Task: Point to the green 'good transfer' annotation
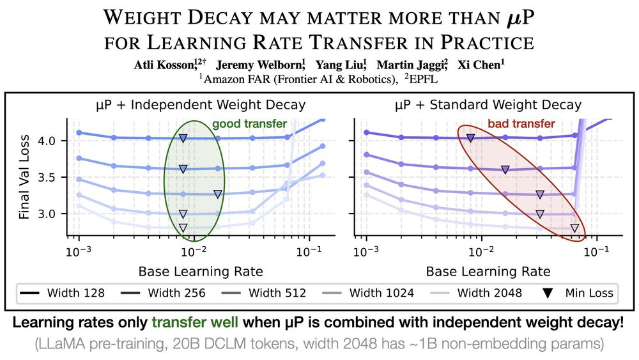coord(249,123)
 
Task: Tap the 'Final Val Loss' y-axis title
coord(24,175)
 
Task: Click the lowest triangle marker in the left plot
coord(183,228)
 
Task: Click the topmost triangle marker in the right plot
coord(470,137)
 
